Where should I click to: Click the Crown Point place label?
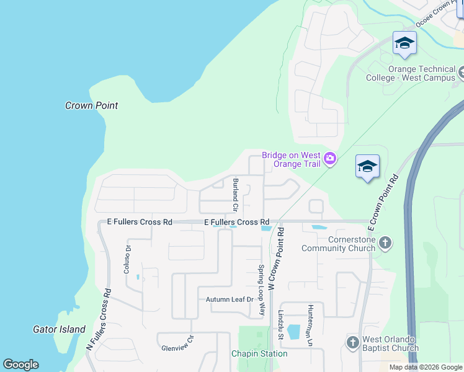(92, 106)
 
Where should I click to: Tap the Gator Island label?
(60, 329)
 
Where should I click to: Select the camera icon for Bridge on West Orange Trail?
(330, 159)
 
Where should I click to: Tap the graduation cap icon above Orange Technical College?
(404, 43)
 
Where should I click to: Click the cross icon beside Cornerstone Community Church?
(385, 242)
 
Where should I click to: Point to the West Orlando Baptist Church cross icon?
(352, 342)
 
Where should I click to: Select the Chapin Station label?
(259, 353)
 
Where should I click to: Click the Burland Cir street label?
(236, 192)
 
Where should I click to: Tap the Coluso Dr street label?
(128, 260)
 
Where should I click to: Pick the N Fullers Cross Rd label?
(99, 322)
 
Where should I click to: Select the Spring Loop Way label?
(262, 291)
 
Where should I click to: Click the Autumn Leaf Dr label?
(230, 299)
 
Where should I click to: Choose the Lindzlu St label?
(280, 325)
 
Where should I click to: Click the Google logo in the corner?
(20, 365)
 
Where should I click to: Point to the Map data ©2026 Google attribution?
(426, 367)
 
